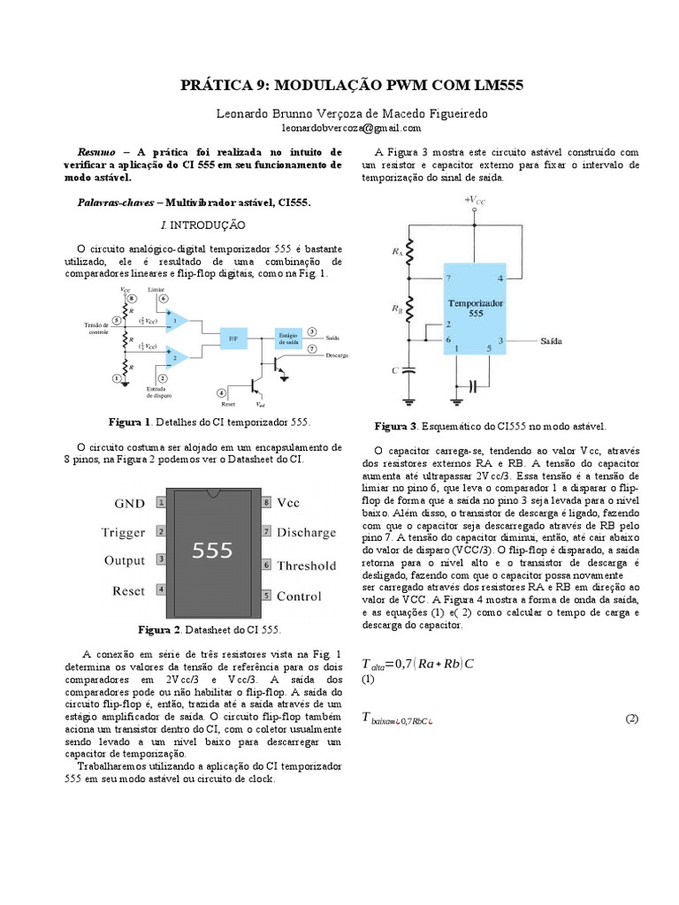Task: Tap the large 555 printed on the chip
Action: click(x=212, y=550)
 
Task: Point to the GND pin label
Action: click(x=130, y=503)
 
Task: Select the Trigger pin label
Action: click(x=125, y=532)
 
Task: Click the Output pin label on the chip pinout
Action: click(x=125, y=560)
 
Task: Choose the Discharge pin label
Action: click(x=306, y=533)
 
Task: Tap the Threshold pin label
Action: click(x=306, y=566)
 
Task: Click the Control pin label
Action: click(x=299, y=597)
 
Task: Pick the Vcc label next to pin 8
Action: click(x=288, y=503)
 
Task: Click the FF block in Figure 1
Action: click(x=233, y=337)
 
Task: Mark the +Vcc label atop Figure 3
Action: click(x=475, y=202)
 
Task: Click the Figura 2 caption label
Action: click(x=159, y=630)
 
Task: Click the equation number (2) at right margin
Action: click(x=631, y=719)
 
